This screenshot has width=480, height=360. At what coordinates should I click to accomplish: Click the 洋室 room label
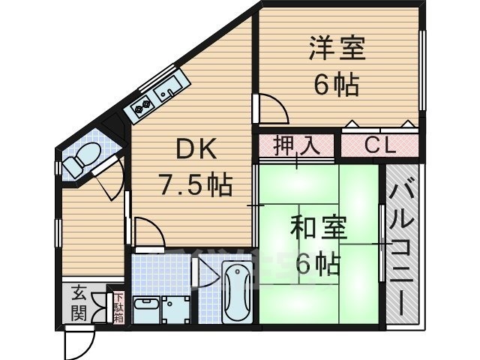pyautogui.click(x=336, y=49)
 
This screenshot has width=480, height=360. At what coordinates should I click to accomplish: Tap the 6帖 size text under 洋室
pyautogui.click(x=336, y=83)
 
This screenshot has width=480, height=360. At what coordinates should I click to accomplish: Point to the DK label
pyautogui.click(x=196, y=151)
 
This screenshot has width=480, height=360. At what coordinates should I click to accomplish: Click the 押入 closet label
pyautogui.click(x=297, y=144)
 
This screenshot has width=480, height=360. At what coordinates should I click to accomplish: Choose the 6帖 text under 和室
pyautogui.click(x=319, y=263)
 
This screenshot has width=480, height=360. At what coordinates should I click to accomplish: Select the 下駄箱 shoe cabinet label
pyautogui.click(x=118, y=307)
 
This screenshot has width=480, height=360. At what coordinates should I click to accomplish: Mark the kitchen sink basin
pyautogui.click(x=168, y=91)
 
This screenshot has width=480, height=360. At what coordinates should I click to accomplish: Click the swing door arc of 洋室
pyautogui.click(x=274, y=109)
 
